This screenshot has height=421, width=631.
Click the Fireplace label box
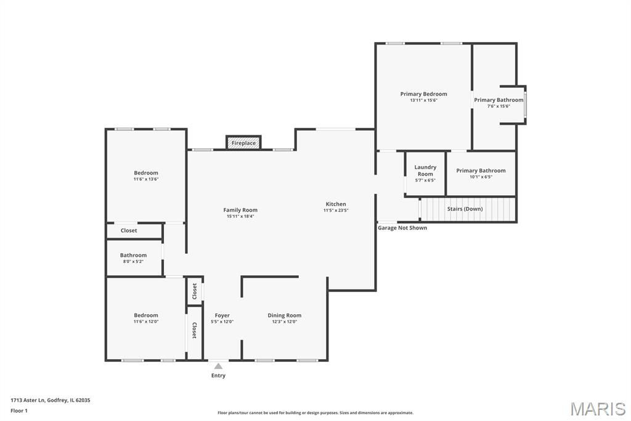click(x=243, y=143)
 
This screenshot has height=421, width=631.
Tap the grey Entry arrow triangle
click(x=218, y=366)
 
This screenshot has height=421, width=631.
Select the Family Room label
click(x=240, y=210)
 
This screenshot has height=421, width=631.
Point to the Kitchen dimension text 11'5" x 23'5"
click(x=336, y=210)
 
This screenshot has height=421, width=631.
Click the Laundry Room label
click(x=425, y=170)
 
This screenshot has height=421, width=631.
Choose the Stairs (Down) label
click(x=465, y=209)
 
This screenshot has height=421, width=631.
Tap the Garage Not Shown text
click(x=402, y=228)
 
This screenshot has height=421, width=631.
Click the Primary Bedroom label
click(x=423, y=94)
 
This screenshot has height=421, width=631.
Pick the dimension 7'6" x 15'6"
click(x=499, y=106)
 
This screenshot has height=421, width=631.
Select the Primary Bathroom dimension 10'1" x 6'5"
click(x=481, y=177)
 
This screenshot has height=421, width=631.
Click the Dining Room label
click(x=285, y=315)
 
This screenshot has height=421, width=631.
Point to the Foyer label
click(x=222, y=315)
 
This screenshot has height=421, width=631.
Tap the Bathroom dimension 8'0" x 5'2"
click(x=133, y=261)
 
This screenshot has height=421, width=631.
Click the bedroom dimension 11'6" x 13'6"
click(x=146, y=179)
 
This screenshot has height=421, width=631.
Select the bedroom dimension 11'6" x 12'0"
click(x=146, y=322)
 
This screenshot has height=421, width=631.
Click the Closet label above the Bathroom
click(x=129, y=231)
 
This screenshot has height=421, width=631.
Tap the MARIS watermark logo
click(x=598, y=409)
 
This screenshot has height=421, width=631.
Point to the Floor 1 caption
click(x=19, y=411)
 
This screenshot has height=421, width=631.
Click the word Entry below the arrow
click(x=218, y=375)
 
